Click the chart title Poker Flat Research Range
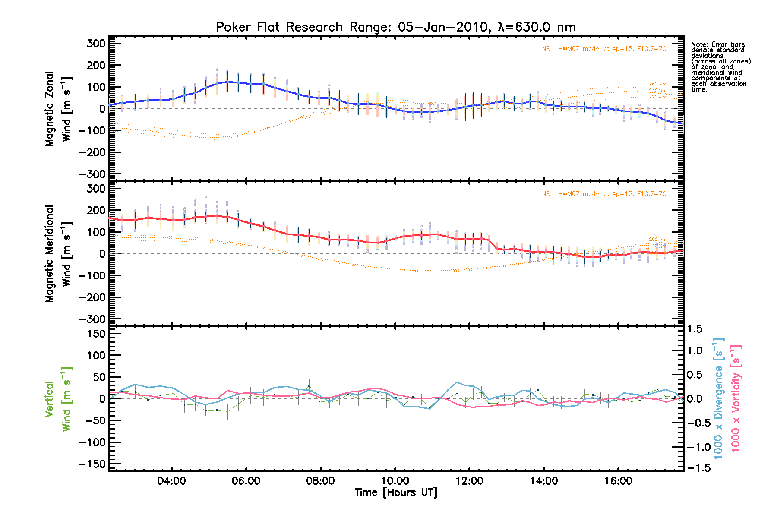tap(395, 27)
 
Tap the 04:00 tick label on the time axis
tap(172, 481)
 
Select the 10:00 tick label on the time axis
tap(395, 481)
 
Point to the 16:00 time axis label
tap(618, 481)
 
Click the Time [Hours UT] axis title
tap(395, 493)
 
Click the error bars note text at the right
tap(720, 67)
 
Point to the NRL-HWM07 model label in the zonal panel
tap(604, 49)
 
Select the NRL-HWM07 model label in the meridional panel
tap(604, 194)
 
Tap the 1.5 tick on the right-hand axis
tap(695, 329)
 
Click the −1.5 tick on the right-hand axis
tap(697, 468)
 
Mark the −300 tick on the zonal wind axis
tap(92, 174)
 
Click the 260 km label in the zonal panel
tap(657, 84)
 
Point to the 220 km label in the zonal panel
tap(657, 97)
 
